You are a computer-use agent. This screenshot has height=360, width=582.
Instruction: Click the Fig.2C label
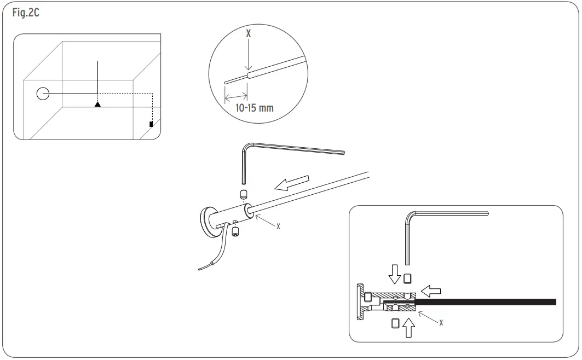[x=25, y=13]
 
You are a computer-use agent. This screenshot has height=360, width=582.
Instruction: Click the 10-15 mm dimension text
[x=254, y=108]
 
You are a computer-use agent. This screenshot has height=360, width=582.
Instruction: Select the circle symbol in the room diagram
[x=43, y=94]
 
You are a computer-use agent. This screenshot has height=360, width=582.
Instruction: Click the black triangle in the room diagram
[x=97, y=103]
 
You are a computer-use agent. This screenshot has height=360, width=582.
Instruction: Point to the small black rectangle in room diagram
[x=151, y=124]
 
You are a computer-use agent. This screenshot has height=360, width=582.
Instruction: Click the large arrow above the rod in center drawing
[x=292, y=183]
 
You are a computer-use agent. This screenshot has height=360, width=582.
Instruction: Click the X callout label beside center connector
[x=278, y=226]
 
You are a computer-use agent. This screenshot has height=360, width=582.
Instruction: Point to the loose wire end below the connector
[x=204, y=268]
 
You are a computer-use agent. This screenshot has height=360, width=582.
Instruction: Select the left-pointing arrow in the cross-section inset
[x=432, y=288]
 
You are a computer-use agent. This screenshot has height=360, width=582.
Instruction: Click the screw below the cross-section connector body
[x=395, y=322]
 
